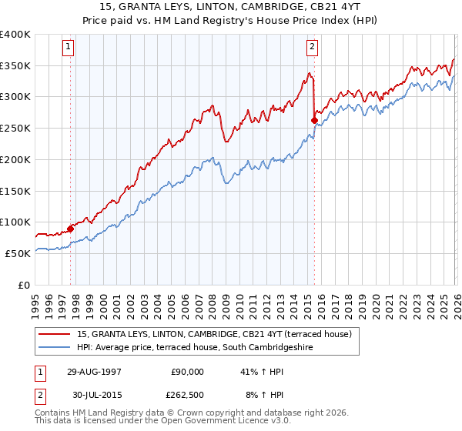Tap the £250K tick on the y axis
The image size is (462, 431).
(x=15, y=128)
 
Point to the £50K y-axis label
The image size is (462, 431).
(x=17, y=253)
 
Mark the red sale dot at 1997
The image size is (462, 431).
(x=71, y=228)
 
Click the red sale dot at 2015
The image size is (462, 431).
(x=314, y=120)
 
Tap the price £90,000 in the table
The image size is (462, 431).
(x=187, y=372)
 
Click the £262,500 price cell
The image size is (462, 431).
(x=187, y=396)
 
